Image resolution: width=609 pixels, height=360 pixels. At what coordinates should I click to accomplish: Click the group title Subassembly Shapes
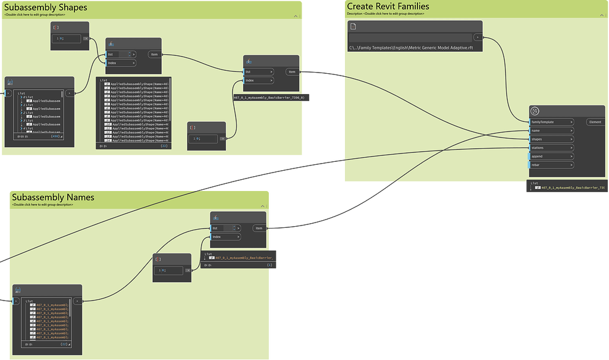point(46,8)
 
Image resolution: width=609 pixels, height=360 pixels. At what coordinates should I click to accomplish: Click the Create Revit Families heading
point(388,7)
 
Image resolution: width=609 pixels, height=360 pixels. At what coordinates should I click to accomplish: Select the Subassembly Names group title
point(53,197)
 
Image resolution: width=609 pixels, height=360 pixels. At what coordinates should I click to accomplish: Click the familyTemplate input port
point(551,122)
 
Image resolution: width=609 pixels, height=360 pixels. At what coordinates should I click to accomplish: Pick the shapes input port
point(551,139)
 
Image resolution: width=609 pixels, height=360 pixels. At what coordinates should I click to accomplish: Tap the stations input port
point(551,148)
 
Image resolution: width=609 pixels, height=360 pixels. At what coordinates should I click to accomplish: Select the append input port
point(551,156)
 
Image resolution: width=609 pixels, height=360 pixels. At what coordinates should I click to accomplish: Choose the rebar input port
point(551,165)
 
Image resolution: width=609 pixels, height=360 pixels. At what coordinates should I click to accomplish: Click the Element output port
point(595,122)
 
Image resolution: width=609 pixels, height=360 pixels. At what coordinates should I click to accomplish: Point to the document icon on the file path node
point(353,27)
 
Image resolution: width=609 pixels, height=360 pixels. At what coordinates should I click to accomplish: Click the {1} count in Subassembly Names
point(269,265)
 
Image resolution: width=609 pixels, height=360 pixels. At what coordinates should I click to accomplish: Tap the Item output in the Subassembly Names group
point(259,228)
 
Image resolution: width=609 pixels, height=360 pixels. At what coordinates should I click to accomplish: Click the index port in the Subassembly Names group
point(227,237)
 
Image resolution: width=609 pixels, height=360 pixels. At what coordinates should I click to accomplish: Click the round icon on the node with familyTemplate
point(535,111)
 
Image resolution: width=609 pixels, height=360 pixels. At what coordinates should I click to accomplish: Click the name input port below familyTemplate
point(551,130)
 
